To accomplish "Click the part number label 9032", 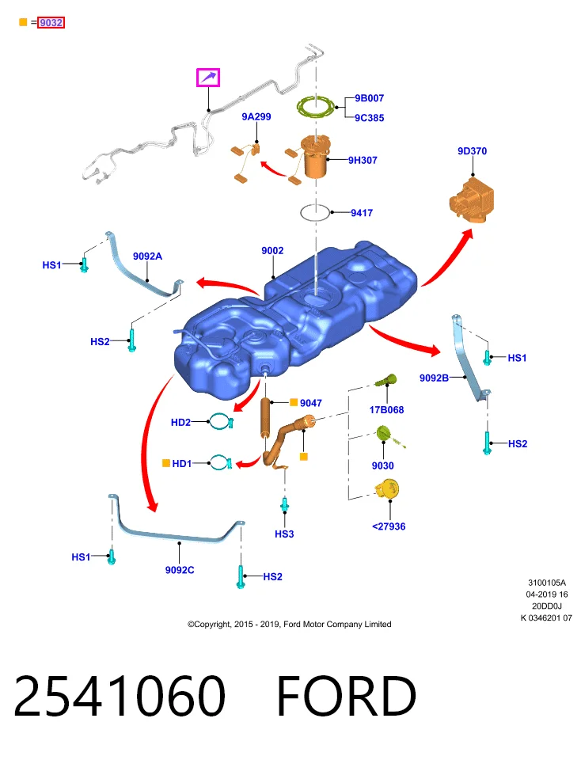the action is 51,22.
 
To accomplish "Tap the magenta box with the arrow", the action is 208,78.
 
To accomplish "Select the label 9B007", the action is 369,98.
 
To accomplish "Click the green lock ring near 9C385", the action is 316,107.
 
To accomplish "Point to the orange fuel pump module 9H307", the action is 314,156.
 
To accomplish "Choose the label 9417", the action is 362,213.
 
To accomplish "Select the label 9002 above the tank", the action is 272,251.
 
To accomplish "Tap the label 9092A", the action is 148,256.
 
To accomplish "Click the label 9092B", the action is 435,378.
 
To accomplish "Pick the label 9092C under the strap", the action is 180,570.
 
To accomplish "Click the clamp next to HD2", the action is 222,422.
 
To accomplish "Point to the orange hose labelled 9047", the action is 265,417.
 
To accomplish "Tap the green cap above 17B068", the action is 386,381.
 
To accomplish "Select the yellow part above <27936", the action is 387,489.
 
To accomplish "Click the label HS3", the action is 284,534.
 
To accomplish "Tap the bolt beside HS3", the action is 285,505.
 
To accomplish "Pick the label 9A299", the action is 256,117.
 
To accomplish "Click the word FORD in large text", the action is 347,696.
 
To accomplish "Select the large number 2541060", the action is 120,696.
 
